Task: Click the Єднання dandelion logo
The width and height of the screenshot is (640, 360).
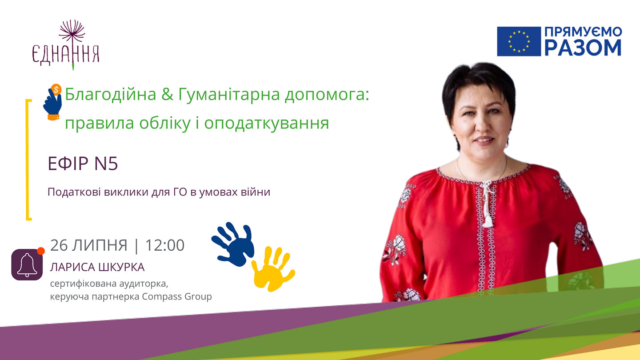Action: point(66,45)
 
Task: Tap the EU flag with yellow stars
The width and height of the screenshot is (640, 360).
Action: point(519,41)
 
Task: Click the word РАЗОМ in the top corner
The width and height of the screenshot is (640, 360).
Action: point(583,48)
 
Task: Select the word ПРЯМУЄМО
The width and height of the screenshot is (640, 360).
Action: point(583,32)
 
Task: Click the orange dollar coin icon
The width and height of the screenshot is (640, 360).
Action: point(56,89)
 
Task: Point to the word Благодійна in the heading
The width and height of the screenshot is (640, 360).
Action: point(111,94)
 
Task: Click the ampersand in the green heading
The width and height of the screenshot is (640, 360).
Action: point(167,94)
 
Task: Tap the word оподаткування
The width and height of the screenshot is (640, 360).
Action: point(267,124)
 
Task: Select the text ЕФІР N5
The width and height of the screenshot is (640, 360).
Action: point(83,164)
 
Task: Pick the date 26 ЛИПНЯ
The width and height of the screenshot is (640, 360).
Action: point(89,245)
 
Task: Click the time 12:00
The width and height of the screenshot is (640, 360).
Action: point(165,245)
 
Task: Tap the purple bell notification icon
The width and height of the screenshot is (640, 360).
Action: point(27,264)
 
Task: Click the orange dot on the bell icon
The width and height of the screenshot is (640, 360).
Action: point(41,251)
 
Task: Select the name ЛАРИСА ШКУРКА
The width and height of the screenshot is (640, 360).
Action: point(97,267)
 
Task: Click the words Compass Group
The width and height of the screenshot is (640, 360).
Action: point(177,296)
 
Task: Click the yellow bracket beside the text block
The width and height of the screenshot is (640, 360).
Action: point(28,160)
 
